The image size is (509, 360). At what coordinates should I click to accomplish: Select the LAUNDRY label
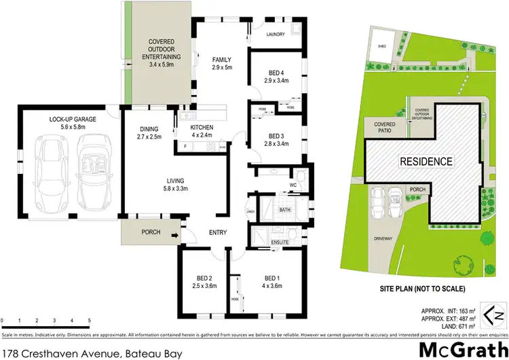276,34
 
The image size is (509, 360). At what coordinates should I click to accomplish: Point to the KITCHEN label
202,127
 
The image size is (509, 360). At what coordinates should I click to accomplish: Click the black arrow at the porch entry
174,236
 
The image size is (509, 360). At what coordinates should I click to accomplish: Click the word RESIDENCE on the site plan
425,162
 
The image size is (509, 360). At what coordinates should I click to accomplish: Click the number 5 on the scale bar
90,319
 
